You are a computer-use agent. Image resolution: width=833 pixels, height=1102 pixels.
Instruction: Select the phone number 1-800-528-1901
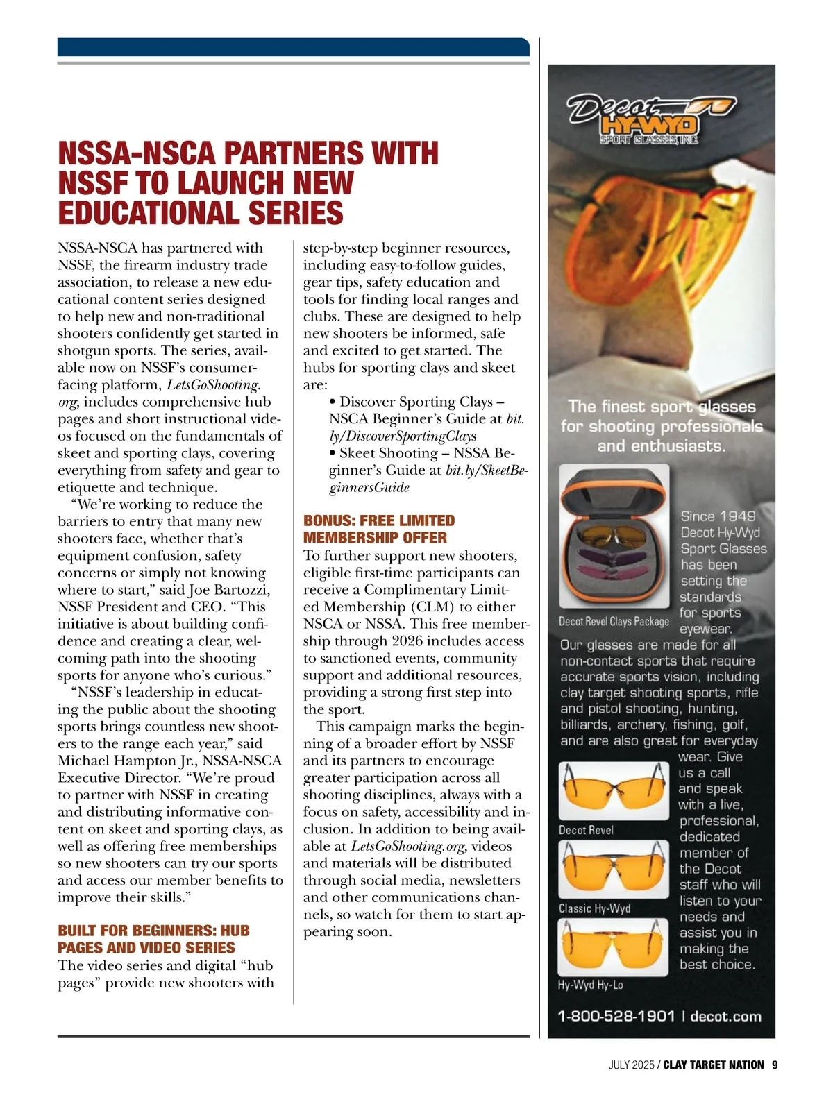tap(616, 1016)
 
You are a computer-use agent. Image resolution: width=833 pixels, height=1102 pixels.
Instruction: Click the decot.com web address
tap(725, 1016)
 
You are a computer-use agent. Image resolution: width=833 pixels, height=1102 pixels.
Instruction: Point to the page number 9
tap(774, 1065)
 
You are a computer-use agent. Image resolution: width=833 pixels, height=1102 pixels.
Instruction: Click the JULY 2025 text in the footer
tap(631, 1065)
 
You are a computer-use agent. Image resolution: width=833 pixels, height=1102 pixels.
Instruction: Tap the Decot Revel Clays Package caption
tap(614, 621)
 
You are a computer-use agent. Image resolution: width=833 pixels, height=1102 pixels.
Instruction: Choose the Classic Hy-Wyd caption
tap(594, 908)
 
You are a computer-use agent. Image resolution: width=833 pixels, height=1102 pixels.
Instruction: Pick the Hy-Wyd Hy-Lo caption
tap(590, 985)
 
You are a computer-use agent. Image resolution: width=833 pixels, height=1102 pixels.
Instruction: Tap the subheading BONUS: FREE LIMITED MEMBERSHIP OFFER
tap(379, 529)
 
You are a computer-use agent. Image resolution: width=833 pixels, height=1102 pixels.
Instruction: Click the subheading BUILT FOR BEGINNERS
tap(153, 939)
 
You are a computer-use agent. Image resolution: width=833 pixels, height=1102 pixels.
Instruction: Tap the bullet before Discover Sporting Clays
tap(333, 402)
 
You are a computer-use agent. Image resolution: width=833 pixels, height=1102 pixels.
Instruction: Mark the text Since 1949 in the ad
tap(717, 516)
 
